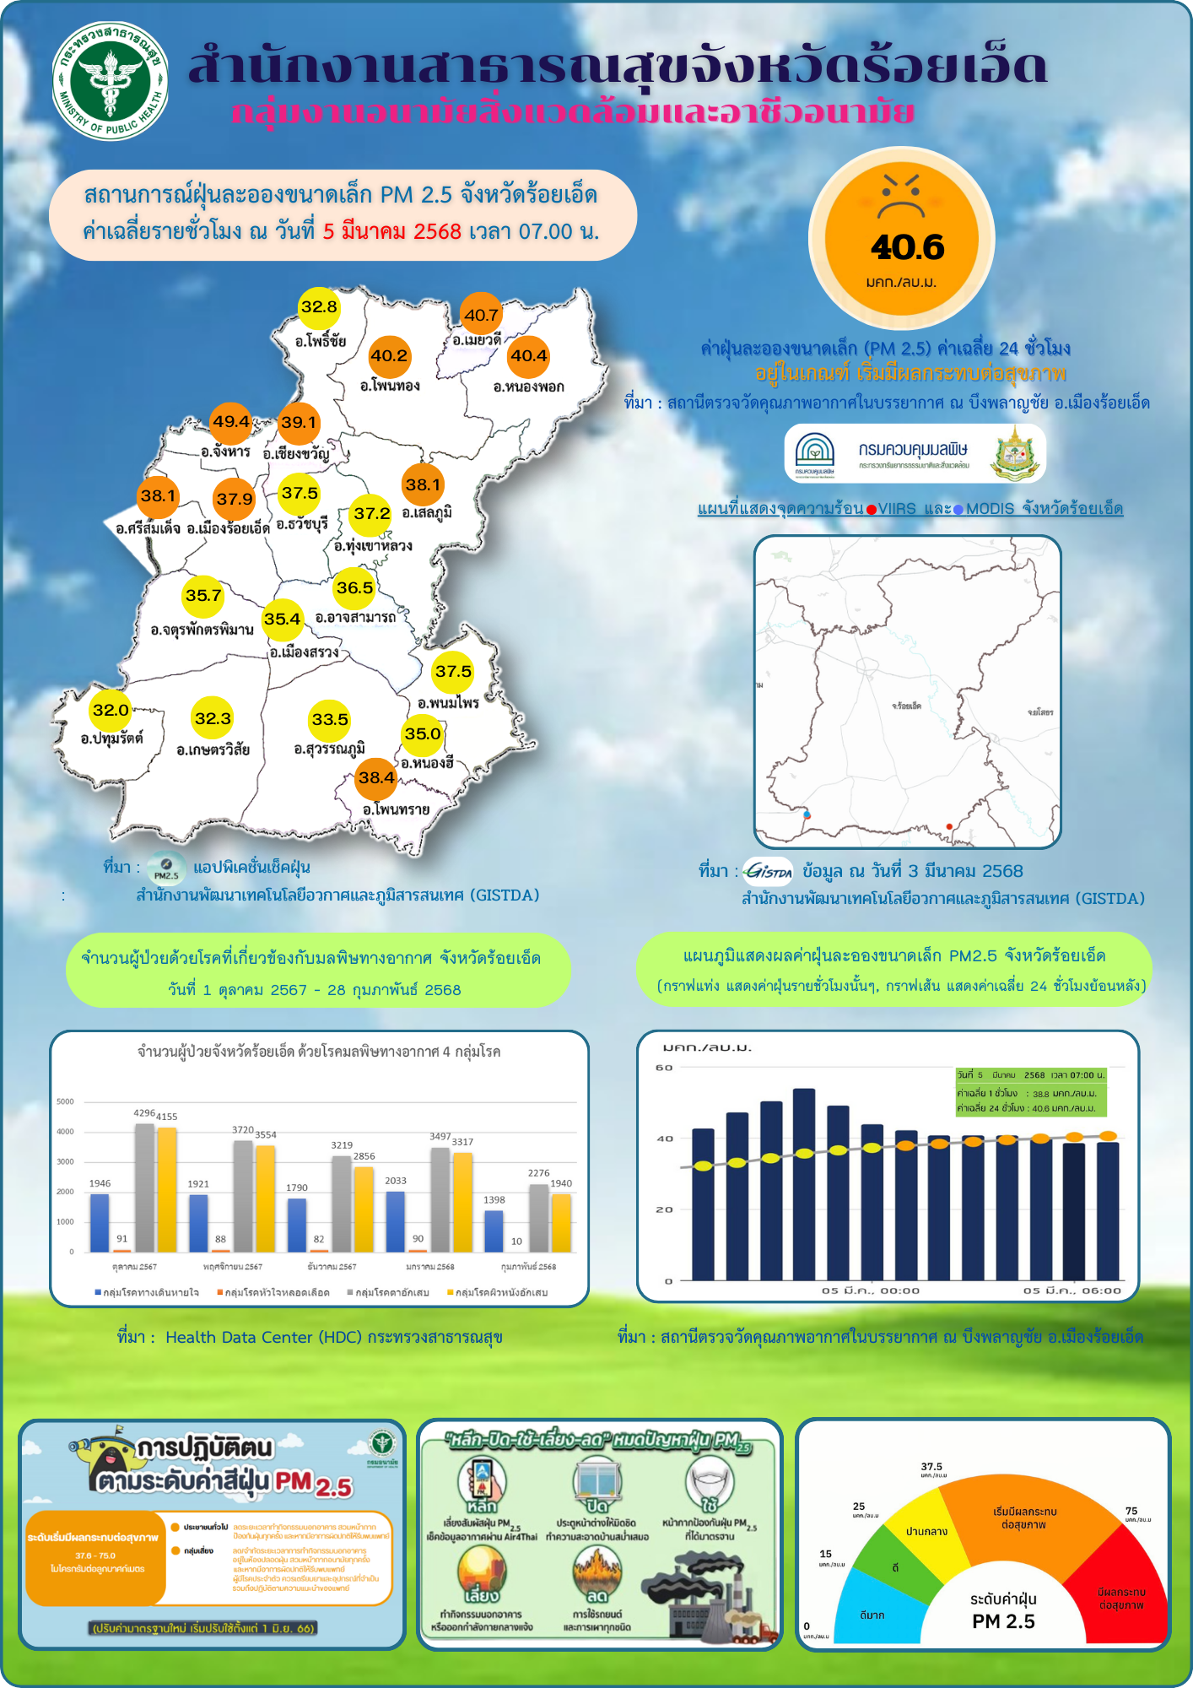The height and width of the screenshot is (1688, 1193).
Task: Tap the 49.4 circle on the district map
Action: [231, 422]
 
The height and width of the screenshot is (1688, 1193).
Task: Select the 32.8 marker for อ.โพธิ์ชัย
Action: [319, 307]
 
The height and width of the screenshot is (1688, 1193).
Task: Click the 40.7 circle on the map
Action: [481, 316]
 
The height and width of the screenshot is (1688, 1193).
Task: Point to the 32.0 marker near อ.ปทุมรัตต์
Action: [111, 710]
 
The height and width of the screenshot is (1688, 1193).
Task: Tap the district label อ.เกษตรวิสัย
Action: [213, 749]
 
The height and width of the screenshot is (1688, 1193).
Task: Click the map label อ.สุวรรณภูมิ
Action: [329, 749]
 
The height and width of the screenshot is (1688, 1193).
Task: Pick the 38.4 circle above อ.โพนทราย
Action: [376, 777]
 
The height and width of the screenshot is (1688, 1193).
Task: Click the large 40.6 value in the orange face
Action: [907, 247]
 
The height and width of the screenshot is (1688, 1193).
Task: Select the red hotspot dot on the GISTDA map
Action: [949, 826]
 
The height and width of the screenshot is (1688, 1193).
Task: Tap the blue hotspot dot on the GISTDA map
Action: [807, 814]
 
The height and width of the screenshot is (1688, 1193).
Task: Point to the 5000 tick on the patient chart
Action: [66, 1101]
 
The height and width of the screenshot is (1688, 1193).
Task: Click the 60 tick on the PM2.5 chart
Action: [665, 1068]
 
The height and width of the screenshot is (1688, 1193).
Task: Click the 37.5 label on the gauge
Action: [931, 1467]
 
